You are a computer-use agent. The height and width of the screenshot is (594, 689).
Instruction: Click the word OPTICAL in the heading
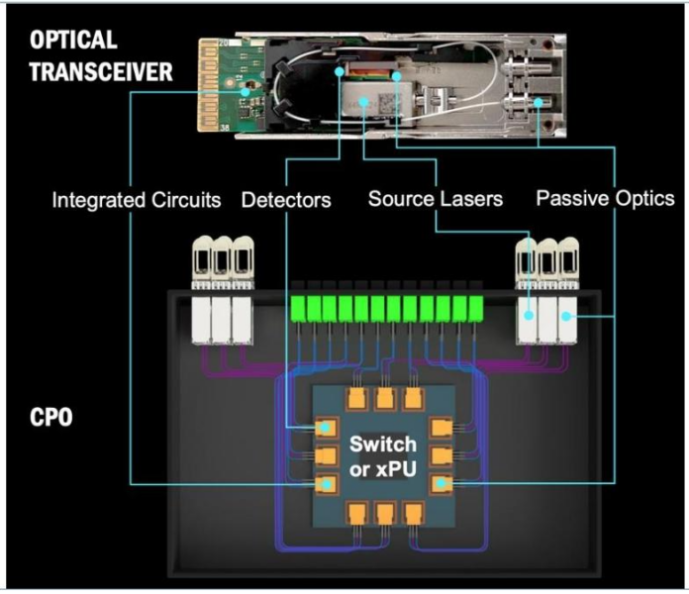(x=73, y=40)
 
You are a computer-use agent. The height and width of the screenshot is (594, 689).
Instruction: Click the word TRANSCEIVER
(x=101, y=71)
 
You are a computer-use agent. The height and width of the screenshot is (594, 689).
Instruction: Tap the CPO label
(x=51, y=417)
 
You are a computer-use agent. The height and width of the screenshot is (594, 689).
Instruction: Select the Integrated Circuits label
(x=137, y=200)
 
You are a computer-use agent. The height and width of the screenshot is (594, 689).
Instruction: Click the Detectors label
(x=286, y=200)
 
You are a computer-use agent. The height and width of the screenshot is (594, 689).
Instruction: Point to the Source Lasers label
(x=436, y=199)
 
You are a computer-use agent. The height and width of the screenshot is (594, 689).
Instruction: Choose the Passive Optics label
(x=605, y=198)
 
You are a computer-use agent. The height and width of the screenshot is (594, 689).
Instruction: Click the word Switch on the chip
(x=383, y=445)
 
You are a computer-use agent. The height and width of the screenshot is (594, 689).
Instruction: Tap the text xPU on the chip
(x=395, y=469)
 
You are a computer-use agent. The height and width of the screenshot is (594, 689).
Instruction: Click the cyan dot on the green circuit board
(x=246, y=92)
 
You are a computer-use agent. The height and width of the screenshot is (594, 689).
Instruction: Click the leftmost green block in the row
(x=299, y=309)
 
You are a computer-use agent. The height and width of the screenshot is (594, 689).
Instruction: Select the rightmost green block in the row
(x=476, y=309)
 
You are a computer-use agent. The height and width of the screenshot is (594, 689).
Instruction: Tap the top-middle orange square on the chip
(x=385, y=399)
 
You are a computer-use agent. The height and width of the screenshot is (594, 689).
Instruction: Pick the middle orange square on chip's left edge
(x=326, y=456)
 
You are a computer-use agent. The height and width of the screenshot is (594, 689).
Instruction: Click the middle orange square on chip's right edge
(x=442, y=456)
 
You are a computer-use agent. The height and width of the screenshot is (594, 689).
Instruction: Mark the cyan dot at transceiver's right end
(x=538, y=102)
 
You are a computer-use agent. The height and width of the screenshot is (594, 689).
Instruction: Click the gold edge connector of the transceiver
(x=209, y=85)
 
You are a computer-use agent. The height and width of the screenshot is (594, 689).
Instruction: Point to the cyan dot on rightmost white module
(x=566, y=316)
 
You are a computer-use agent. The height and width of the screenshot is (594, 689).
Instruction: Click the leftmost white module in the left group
(x=201, y=321)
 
